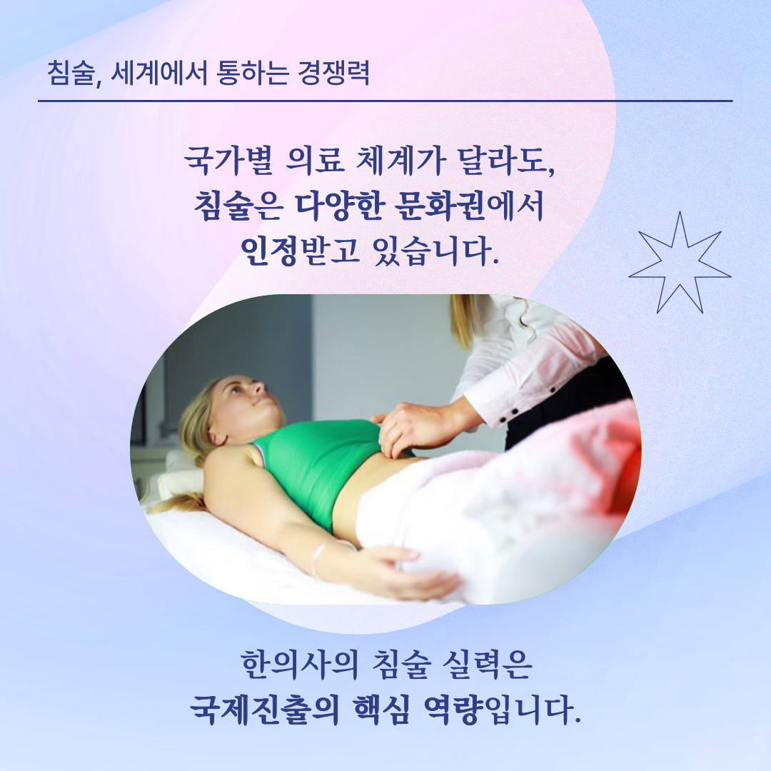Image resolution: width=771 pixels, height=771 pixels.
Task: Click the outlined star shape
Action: tap(679, 262)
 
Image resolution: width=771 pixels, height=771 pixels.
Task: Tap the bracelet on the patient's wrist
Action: tap(321, 558)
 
